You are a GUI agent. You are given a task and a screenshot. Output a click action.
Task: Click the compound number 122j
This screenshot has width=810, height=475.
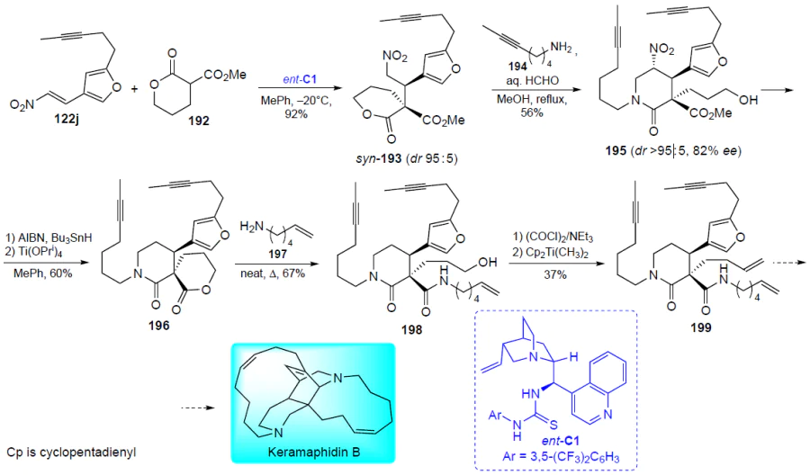[x=67, y=121]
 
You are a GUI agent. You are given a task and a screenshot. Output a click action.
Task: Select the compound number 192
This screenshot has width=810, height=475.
[x=198, y=121]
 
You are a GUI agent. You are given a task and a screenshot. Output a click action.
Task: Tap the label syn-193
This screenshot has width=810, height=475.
[x=379, y=158]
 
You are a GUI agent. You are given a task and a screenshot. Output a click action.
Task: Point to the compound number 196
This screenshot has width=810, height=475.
[x=158, y=326]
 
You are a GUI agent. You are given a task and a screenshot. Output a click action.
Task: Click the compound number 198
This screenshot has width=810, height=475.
[x=411, y=329]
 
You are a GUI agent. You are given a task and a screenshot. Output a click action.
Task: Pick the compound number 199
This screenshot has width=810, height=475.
[x=701, y=327]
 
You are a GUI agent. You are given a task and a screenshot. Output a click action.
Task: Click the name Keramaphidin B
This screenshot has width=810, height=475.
[x=313, y=453]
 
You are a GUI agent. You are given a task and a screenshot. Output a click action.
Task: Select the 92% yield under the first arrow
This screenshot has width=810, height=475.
[x=296, y=114]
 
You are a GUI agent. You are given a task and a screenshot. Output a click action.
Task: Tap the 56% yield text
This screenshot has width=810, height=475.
[x=532, y=112]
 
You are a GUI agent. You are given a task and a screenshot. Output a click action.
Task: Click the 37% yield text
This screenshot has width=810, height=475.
[x=555, y=274]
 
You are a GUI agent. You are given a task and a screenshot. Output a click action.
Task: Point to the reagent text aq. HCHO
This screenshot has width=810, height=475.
[x=532, y=82]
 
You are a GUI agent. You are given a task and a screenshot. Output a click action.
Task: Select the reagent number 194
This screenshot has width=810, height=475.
[x=517, y=66]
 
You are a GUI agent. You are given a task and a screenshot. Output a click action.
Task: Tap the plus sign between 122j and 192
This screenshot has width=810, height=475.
[x=134, y=88]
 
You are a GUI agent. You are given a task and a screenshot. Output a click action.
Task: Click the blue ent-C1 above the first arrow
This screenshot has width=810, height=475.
[x=300, y=79]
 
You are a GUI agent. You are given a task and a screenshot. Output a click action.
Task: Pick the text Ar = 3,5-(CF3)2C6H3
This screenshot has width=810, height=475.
[x=555, y=457]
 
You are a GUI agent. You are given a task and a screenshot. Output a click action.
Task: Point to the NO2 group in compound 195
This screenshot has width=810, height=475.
[x=661, y=49]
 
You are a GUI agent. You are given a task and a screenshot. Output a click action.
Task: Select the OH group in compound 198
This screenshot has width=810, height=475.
[x=488, y=263]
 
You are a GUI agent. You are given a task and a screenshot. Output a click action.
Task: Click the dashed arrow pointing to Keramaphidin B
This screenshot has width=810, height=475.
[x=198, y=408]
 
